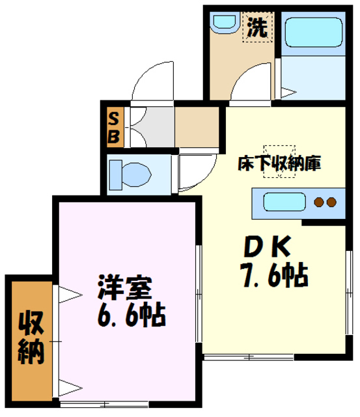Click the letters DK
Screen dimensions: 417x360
266,247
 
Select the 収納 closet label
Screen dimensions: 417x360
30,338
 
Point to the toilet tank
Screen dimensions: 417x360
114,174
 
